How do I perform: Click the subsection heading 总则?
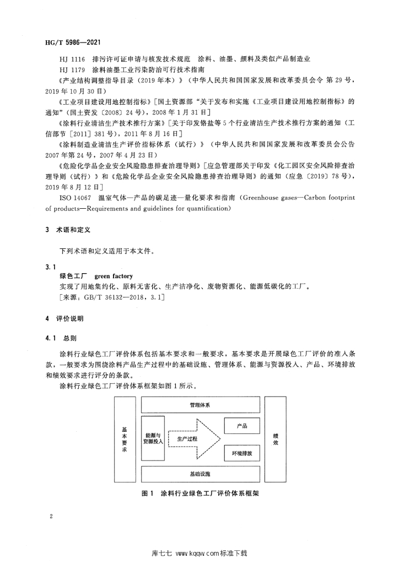click(71, 336)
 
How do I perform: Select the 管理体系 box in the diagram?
click(199, 405)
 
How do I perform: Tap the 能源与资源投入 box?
click(153, 438)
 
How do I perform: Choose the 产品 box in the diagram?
click(241, 425)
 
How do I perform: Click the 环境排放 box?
click(241, 453)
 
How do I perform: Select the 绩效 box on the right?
click(275, 439)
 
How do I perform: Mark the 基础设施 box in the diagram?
click(199, 474)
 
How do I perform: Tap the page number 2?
click(50, 517)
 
